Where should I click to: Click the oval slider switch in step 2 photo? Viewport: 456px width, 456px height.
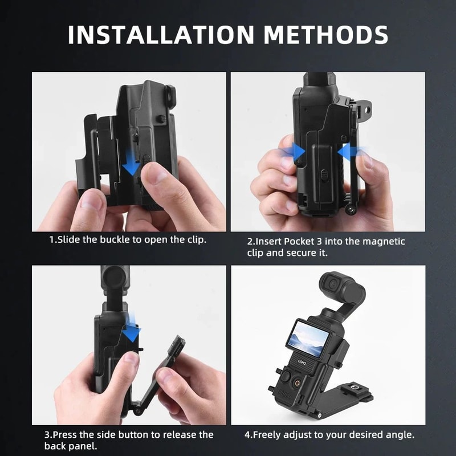click(x=321, y=174)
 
